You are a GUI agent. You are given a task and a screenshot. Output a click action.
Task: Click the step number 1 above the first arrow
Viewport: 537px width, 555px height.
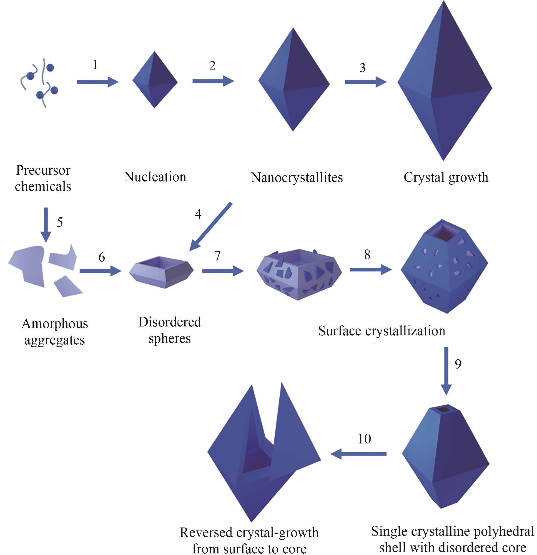pyautogui.click(x=95, y=65)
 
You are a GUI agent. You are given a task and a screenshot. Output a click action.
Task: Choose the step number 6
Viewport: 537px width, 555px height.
pyautogui.click(x=101, y=257)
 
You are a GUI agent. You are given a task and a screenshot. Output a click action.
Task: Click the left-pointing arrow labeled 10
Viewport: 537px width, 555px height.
pyautogui.click(x=359, y=454)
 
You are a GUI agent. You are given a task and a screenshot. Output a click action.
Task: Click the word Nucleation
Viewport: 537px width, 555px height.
pyautogui.click(x=155, y=177)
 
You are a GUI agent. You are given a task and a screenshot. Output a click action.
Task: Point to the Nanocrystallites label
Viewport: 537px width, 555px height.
pyautogui.click(x=297, y=178)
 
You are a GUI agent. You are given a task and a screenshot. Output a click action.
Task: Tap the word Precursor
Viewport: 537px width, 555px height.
pyautogui.click(x=43, y=170)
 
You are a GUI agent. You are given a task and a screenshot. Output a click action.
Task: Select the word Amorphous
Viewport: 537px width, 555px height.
pyautogui.click(x=55, y=324)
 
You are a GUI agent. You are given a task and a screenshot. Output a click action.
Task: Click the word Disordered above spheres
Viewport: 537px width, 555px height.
pyautogui.click(x=169, y=322)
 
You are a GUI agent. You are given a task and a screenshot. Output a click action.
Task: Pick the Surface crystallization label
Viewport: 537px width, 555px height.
pyautogui.click(x=381, y=331)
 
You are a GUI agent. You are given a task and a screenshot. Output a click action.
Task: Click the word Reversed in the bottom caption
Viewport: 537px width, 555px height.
pyautogui.click(x=206, y=533)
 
